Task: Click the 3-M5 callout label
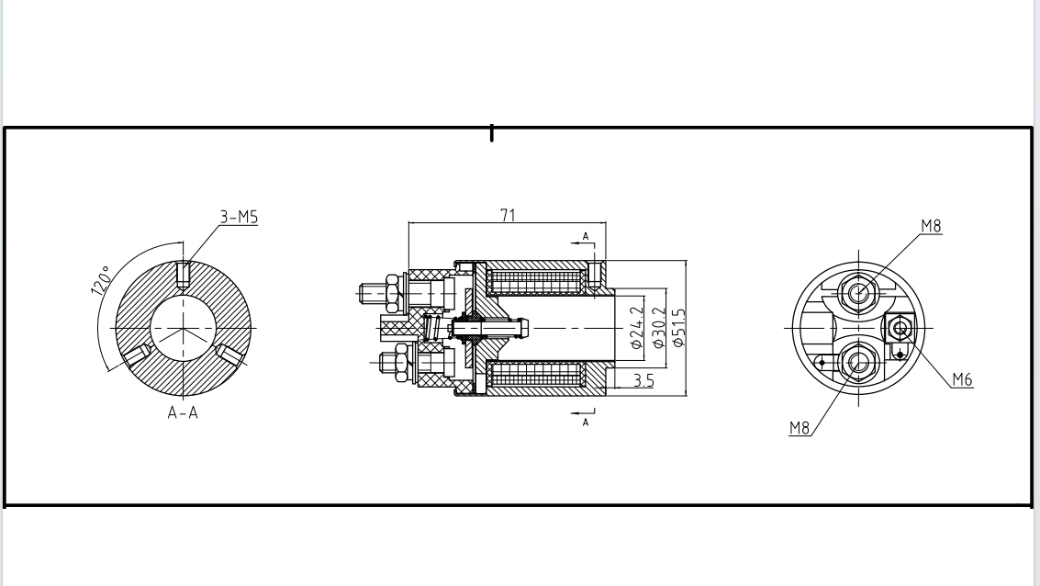(x=239, y=218)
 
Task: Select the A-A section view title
(x=183, y=413)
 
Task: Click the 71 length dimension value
(x=507, y=215)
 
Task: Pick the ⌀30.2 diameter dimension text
(x=658, y=328)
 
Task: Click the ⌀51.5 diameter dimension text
(x=679, y=328)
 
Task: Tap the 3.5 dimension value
(x=643, y=380)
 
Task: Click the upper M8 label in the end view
(x=931, y=226)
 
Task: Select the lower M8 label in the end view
(x=800, y=428)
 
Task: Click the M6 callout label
(x=962, y=379)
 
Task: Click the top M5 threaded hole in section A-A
(x=183, y=274)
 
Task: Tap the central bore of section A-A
(x=183, y=327)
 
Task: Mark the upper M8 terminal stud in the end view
(x=859, y=293)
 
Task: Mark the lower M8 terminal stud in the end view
(x=859, y=363)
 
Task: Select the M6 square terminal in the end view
(x=900, y=327)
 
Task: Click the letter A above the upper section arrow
(x=586, y=237)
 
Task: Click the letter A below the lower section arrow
(x=586, y=423)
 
